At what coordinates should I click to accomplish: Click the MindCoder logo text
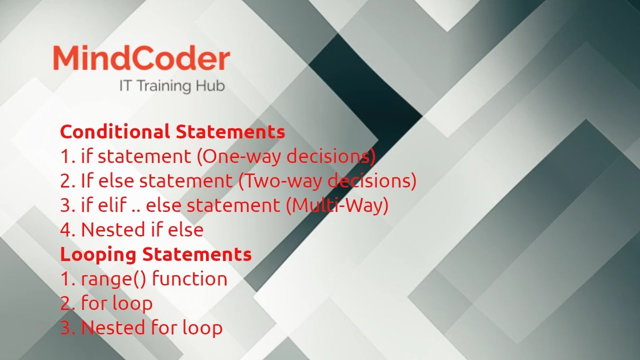[x=141, y=59]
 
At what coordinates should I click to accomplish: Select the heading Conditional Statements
[x=172, y=132]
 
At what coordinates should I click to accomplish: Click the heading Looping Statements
[x=155, y=254]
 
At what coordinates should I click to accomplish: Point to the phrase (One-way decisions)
[x=286, y=156]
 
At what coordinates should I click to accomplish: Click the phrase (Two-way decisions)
[x=327, y=181]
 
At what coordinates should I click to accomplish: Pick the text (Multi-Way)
[x=337, y=205]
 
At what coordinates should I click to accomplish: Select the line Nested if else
[x=142, y=230]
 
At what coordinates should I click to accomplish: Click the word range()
[x=113, y=279]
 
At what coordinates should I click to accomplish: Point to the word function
[x=189, y=278]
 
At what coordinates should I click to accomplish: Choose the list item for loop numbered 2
[x=117, y=303]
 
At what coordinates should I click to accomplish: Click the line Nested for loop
[x=151, y=327]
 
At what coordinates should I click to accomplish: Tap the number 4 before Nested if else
[x=66, y=230]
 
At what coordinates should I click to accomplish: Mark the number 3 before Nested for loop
[x=66, y=327]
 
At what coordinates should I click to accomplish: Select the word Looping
[x=99, y=254]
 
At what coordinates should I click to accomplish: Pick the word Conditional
[x=115, y=132]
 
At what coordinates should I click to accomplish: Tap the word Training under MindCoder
[x=163, y=85]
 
